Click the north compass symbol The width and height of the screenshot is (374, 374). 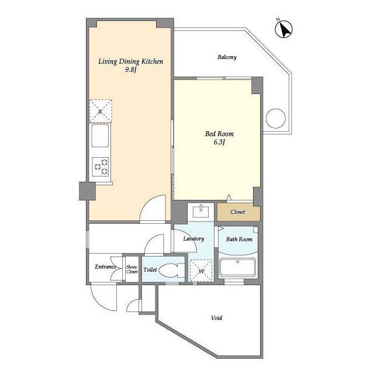click(284, 29)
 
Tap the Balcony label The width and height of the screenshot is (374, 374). click(227, 57)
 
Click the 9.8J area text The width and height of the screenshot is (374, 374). click(131, 70)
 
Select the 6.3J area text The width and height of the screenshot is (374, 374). click(219, 142)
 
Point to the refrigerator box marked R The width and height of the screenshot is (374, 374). click(101, 111)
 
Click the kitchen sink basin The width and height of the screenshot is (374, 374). click(100, 136)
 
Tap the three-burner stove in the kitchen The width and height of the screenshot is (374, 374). click(101, 167)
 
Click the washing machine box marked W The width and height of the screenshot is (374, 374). click(201, 271)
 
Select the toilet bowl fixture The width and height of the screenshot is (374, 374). click(171, 270)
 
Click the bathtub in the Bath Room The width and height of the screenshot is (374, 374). click(238, 267)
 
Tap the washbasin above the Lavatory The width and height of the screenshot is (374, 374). click(200, 211)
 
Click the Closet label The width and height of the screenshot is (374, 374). click(238, 212)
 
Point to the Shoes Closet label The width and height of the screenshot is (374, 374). click(132, 269)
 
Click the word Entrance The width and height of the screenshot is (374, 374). click(106, 266)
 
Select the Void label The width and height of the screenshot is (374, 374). click(217, 318)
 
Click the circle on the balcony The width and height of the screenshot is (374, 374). click(275, 118)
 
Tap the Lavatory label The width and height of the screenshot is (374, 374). click(193, 239)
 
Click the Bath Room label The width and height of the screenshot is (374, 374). click(239, 239)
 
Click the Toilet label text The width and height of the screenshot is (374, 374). click(150, 270)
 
